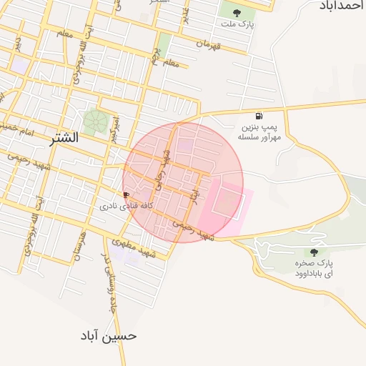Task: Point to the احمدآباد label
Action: click(339, 5)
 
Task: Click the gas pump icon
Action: click(258, 116)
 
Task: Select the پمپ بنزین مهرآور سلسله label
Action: click(258, 132)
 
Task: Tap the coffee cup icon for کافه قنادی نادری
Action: click(127, 194)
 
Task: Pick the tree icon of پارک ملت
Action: click(237, 11)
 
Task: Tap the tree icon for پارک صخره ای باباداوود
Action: click(315, 252)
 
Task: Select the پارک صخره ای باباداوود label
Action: click(315, 269)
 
